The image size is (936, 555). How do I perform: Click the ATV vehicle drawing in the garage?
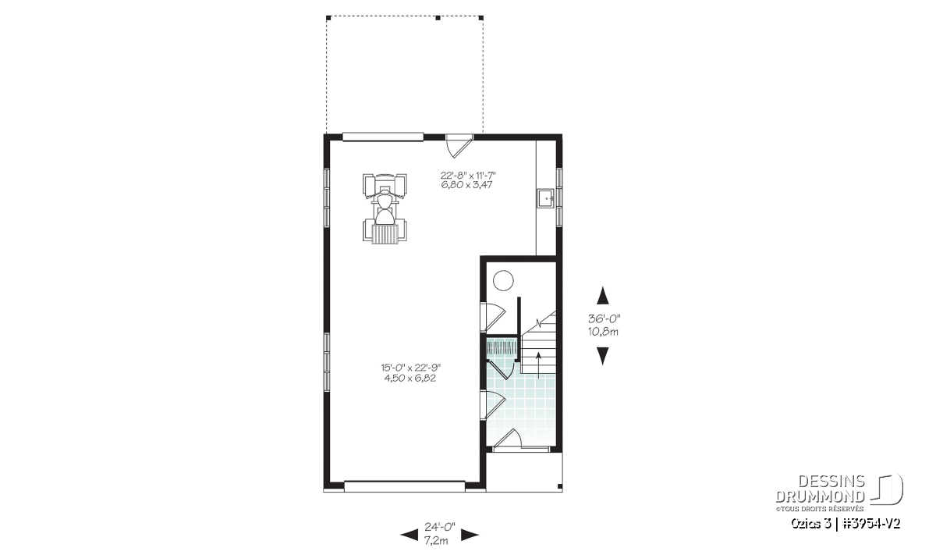[385, 208]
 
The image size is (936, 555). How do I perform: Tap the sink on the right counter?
[545, 198]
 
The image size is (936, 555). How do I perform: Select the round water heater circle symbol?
[502, 280]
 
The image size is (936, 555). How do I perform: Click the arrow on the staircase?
[538, 365]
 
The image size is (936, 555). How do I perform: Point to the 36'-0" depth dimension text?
[604, 318]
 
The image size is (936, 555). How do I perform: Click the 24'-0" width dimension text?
[440, 526]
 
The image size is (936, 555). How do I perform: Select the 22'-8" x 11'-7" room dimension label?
[467, 175]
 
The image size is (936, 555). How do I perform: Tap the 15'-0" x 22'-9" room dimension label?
[411, 368]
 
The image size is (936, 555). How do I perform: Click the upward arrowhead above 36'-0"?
[602, 295]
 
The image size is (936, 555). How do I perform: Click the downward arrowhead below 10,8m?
[602, 356]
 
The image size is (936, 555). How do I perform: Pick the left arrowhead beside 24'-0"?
[409, 535]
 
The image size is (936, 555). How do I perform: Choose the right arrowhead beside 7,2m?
[470, 535]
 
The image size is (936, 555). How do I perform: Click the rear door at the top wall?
[459, 145]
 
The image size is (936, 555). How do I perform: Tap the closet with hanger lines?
[503, 348]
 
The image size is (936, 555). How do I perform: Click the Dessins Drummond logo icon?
[887, 489]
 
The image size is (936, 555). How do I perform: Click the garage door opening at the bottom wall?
[405, 486]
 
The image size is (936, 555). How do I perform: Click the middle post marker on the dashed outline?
[438, 18]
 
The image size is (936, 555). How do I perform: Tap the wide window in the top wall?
[383, 137]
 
